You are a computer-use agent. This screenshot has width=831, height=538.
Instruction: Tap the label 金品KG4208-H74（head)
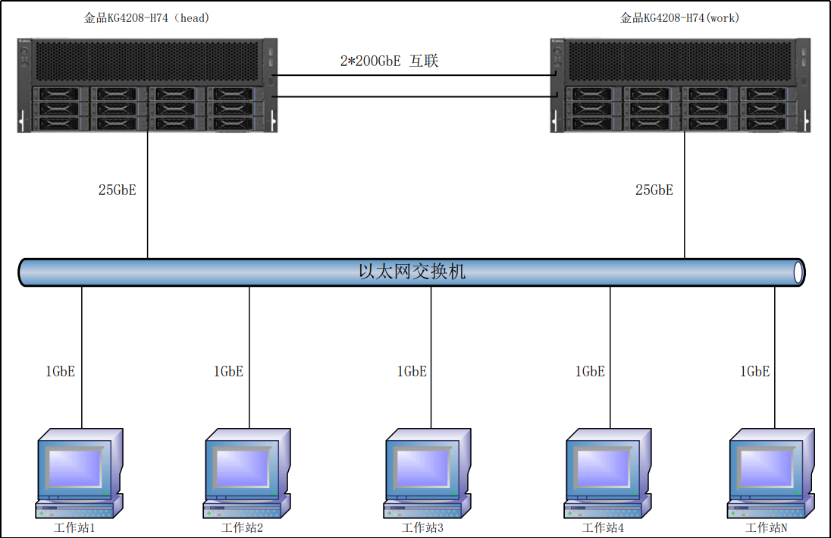(x=146, y=17)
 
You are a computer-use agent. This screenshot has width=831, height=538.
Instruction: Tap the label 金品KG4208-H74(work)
(x=680, y=17)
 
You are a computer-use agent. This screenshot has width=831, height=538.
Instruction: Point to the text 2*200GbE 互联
(x=389, y=61)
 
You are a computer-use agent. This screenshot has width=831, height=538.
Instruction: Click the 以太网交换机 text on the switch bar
(x=412, y=272)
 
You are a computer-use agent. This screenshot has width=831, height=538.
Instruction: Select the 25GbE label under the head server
(x=117, y=190)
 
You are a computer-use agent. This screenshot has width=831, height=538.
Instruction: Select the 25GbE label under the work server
(x=654, y=190)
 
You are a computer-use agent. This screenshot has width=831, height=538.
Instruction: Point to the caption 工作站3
(x=422, y=528)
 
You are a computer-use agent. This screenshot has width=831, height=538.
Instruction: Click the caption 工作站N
(x=767, y=528)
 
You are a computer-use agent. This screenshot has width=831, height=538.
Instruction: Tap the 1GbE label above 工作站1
(x=61, y=371)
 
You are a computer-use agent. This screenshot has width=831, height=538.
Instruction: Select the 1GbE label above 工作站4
(x=590, y=371)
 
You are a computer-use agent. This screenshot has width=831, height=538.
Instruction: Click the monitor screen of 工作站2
(x=242, y=465)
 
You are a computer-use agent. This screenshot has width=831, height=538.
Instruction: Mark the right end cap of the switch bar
(x=797, y=272)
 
